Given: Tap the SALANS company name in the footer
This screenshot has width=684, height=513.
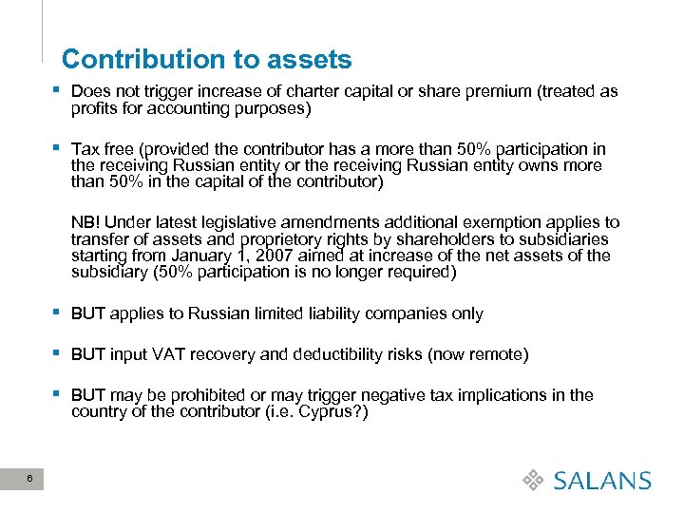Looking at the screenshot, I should click(602, 481).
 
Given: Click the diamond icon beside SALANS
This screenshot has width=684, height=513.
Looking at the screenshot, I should click(535, 481).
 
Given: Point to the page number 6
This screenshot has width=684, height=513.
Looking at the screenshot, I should click(30, 478).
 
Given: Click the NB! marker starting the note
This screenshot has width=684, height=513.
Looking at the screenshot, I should click(86, 222).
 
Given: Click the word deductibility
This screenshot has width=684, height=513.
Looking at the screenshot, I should click(335, 354).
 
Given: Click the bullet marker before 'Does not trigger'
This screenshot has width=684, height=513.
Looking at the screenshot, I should click(59, 91).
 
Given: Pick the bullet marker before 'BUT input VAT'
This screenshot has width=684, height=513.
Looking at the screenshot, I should click(59, 353).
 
